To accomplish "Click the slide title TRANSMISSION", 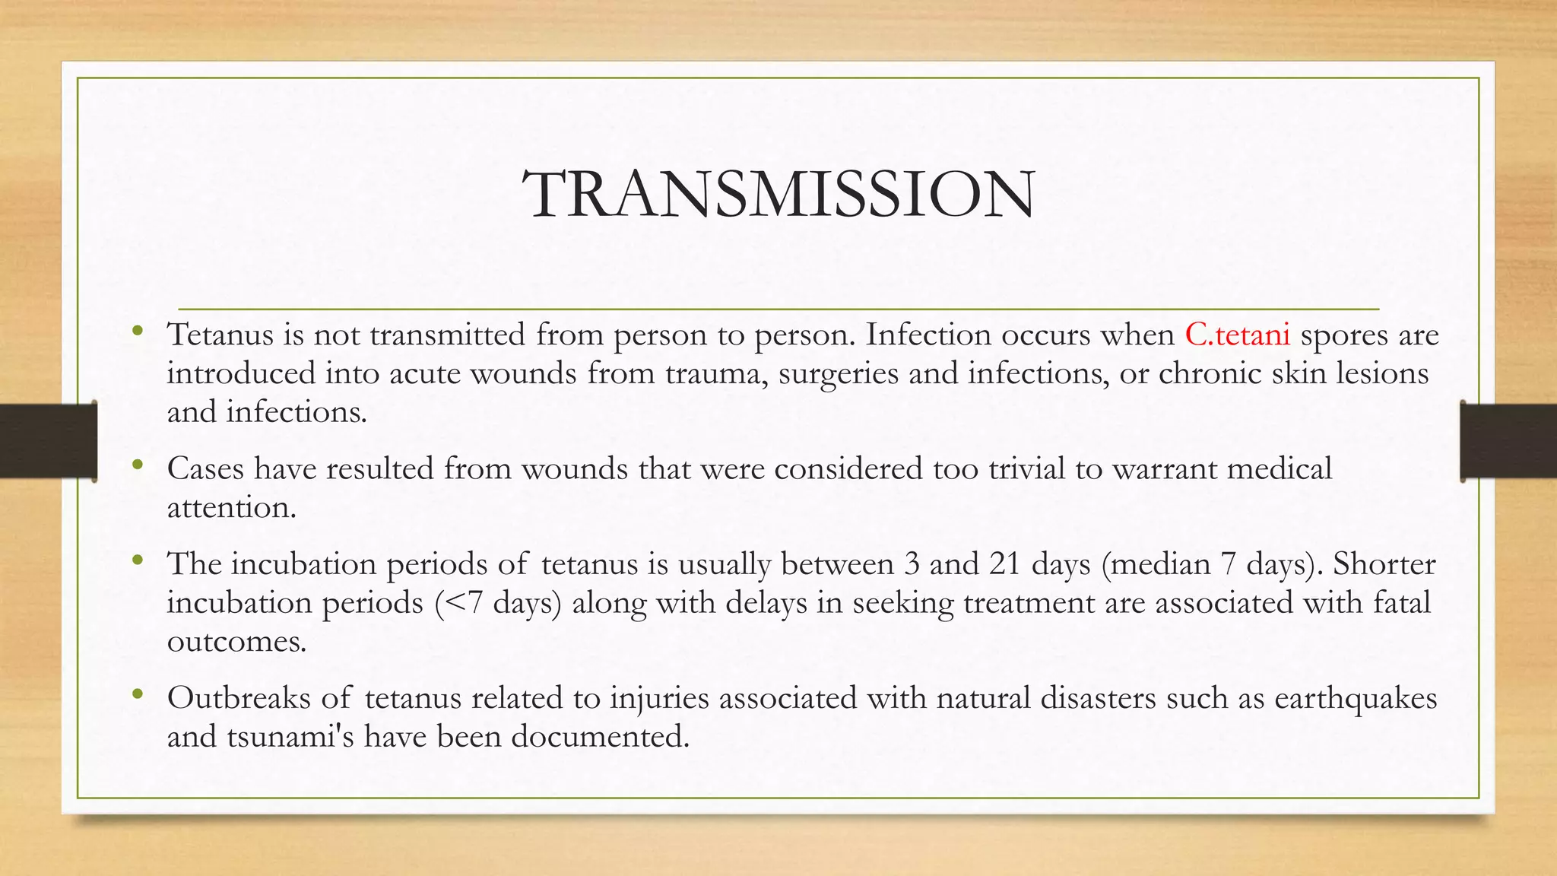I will (x=778, y=195).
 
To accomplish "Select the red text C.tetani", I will (x=1237, y=335).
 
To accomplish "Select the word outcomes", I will (x=236, y=642).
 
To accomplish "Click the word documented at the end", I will (x=600, y=737).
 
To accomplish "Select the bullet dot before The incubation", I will (x=137, y=560).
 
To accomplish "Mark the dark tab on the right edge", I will (x=1508, y=441).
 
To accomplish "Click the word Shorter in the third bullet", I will (x=1384, y=564).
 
